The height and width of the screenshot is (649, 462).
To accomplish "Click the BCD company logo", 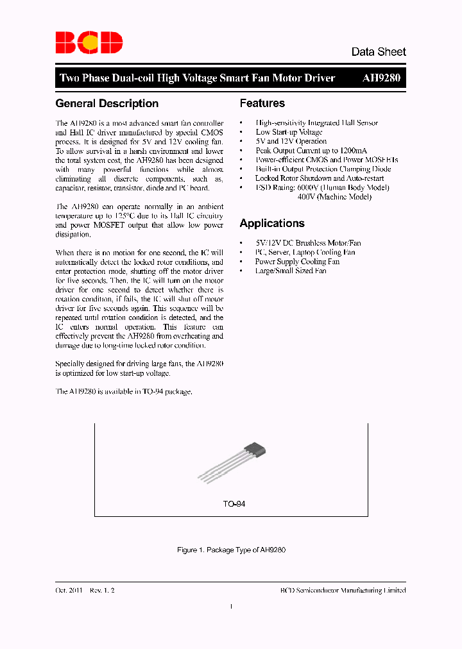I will tap(89, 42).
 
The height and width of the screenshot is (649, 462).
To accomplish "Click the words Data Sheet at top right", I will tap(378, 52).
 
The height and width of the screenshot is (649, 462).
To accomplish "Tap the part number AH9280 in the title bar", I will tap(382, 78).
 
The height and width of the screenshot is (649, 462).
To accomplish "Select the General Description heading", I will tap(107, 103).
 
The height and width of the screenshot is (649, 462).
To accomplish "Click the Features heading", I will tap(262, 103).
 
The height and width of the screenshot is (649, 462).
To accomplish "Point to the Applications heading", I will tap(272, 223).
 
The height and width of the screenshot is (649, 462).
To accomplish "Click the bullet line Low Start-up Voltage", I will tap(289, 132).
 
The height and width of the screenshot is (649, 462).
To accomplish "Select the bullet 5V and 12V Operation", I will tap(291, 141).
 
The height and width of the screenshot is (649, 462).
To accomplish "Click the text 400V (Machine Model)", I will tap(334, 197).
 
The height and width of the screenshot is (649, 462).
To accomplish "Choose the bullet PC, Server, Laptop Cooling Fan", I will tap(305, 253).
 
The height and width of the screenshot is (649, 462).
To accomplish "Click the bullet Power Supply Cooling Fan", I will tap(297, 262).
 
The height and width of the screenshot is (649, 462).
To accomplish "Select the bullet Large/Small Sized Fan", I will tap(290, 271).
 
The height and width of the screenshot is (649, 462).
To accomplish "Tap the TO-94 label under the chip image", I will tap(234, 504).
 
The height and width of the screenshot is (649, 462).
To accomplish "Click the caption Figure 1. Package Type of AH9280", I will tap(231, 550).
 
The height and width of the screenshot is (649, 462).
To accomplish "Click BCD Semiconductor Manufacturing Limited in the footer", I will tap(343, 590).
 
